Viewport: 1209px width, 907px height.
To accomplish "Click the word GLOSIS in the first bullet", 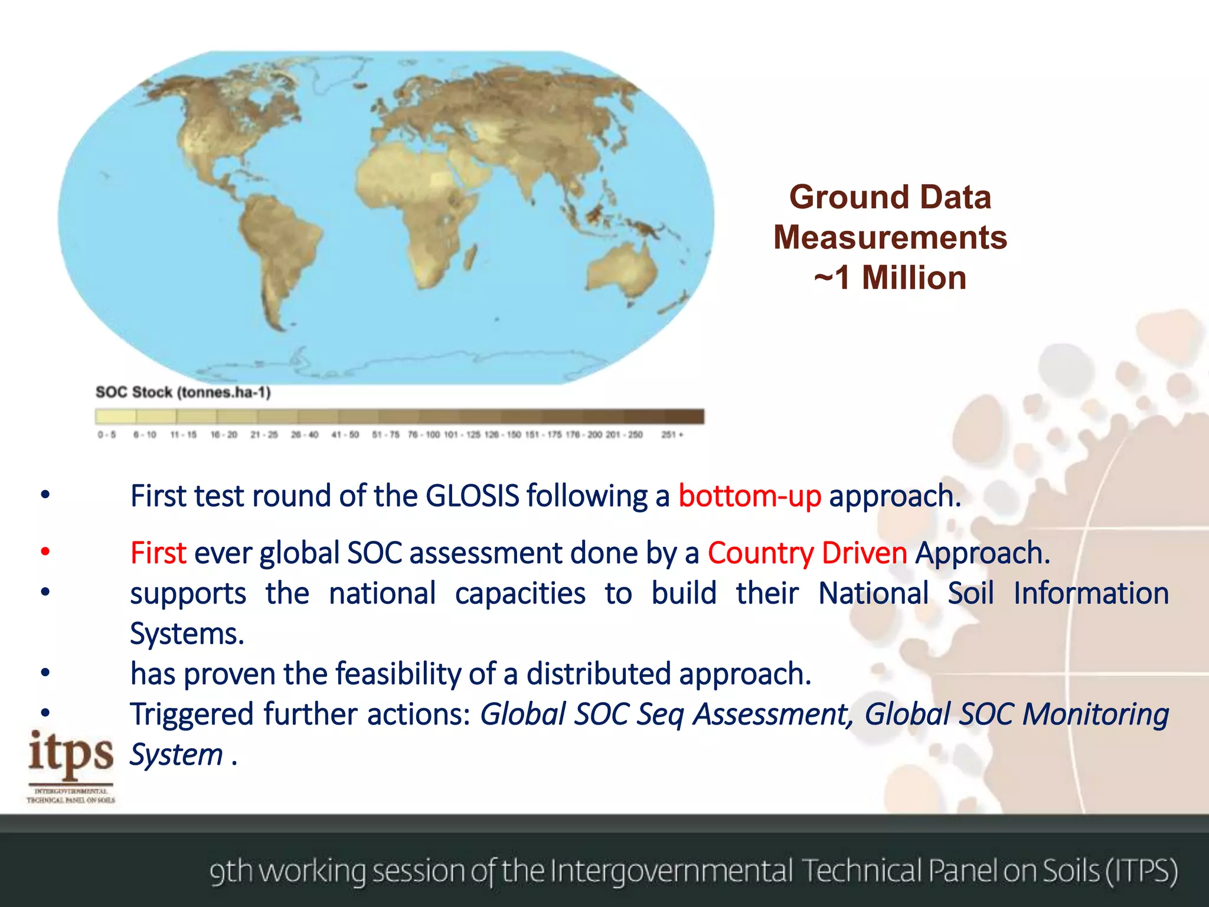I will pos(472,496).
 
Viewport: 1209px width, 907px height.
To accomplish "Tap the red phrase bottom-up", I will pos(749,496).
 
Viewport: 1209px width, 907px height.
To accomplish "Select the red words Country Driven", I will pos(807,553).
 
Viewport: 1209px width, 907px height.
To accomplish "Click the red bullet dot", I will pos(45,552).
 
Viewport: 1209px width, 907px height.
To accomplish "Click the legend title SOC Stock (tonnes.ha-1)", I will pos(183,392).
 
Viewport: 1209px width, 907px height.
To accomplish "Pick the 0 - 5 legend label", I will pos(107,435).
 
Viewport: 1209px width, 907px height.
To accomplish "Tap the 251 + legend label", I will pos(672,435).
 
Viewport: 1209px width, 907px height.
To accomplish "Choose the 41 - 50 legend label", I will pos(345,435).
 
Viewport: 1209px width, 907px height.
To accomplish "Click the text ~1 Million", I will pos(890,278).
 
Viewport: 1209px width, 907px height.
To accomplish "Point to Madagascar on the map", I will pos(472,257).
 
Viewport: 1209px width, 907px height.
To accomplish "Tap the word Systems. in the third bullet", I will pos(187,634).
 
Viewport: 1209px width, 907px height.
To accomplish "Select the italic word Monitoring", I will pos(1095,714).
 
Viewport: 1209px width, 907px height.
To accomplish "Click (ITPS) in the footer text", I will pos(1142,871).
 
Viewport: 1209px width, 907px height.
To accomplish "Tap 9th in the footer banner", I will pos(231,871).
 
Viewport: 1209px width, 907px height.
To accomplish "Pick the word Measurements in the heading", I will pos(890,237).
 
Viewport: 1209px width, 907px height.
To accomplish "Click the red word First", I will pos(158,553).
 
